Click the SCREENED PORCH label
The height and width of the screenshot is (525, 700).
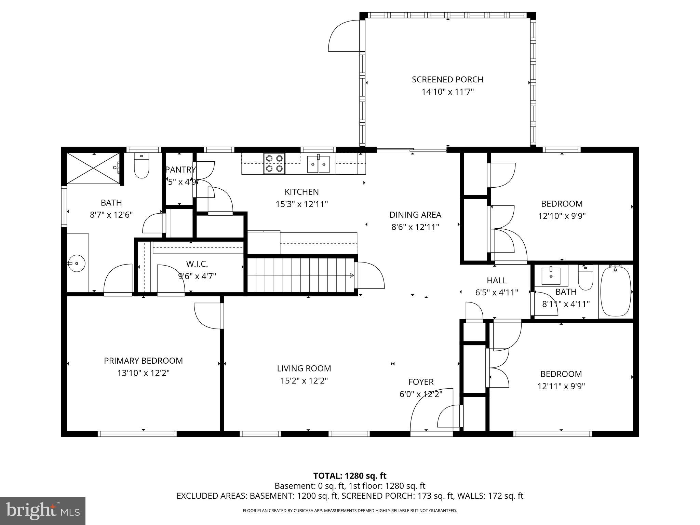[x=447, y=80]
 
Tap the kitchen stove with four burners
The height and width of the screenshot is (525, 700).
[x=274, y=163]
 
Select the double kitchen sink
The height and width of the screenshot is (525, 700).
[x=318, y=164]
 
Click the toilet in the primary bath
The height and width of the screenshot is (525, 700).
[x=142, y=166]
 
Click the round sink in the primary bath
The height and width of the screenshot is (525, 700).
[x=77, y=264]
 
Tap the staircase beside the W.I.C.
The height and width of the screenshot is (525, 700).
[x=301, y=275]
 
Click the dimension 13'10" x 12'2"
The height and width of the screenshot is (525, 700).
[x=143, y=373]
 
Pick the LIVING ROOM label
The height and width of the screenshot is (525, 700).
[x=304, y=368]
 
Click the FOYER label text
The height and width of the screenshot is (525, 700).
[x=421, y=382]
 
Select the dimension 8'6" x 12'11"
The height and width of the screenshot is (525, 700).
[x=415, y=227]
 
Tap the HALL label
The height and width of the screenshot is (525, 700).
[x=497, y=281]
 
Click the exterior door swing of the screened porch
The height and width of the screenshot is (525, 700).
[x=344, y=36]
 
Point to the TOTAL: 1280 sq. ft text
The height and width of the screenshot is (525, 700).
[x=350, y=476]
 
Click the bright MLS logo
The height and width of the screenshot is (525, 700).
[x=43, y=511]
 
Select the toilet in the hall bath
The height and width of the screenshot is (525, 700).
[x=585, y=279]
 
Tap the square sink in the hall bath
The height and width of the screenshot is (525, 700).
[x=551, y=276]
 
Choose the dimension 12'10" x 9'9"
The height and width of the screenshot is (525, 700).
[x=562, y=216]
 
